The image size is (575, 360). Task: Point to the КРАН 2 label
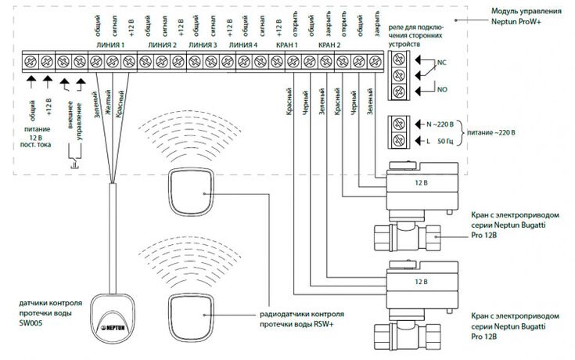[x=330, y=45]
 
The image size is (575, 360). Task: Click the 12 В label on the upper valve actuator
[x=421, y=182]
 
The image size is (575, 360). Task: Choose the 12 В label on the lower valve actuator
[x=421, y=281]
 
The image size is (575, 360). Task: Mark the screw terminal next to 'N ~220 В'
[x=398, y=124]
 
